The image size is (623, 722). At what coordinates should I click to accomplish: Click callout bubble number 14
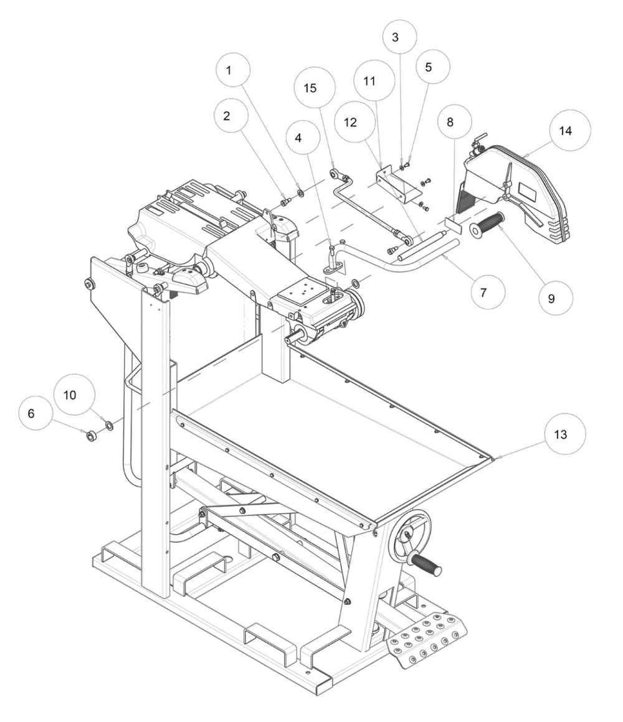pos(566,130)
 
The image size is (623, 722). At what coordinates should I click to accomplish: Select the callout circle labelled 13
pos(560,434)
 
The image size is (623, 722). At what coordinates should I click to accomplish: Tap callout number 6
pos(31,413)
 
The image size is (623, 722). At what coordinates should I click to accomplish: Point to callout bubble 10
pos(70,395)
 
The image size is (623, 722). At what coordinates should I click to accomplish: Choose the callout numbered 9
pos(551,298)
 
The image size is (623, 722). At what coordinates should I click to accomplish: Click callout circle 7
pos(483,292)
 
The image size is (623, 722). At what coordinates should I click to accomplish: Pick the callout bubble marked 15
pos(311,88)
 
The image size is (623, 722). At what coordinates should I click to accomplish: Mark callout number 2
pos(226,116)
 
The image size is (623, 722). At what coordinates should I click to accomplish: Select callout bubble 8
pos(450,122)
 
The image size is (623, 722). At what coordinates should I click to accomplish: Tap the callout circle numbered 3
pos(395,37)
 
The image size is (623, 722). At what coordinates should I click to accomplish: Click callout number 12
pos(351,122)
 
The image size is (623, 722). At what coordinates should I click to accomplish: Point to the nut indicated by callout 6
pos(91,435)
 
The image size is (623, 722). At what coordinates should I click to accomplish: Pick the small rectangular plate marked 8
pos(454,224)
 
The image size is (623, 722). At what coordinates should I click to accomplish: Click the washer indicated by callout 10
pos(109,424)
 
